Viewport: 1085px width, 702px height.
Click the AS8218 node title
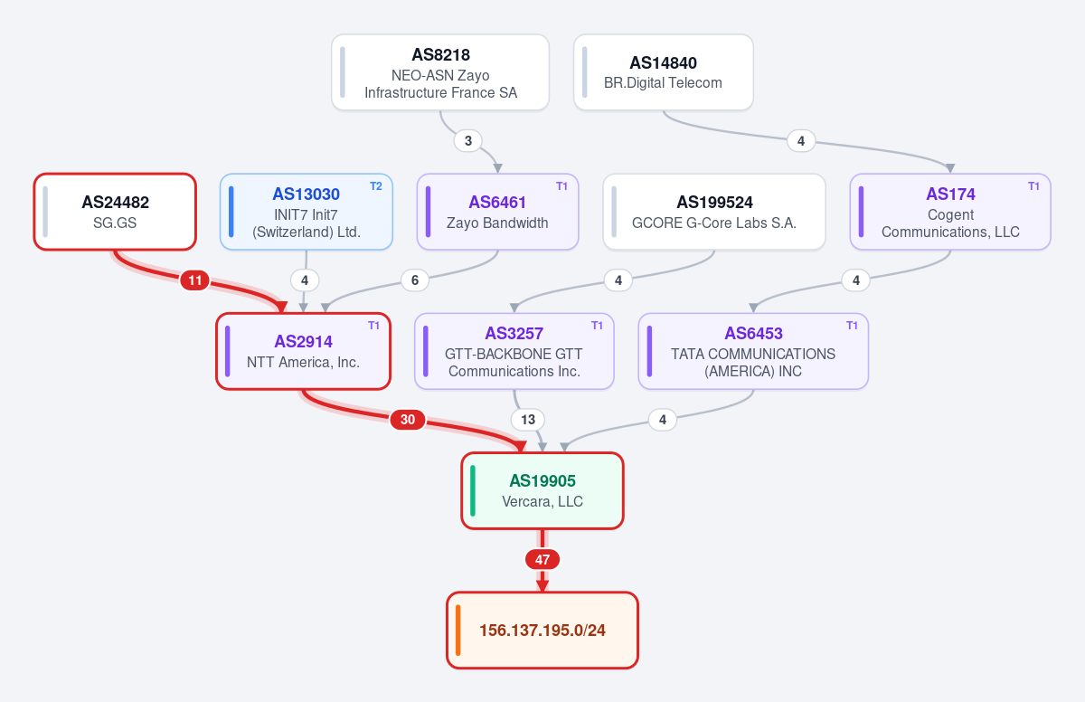click(440, 55)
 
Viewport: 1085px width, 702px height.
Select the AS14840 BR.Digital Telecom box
click(663, 72)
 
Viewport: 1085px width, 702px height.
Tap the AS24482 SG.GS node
click(115, 212)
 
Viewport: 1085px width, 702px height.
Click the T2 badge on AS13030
click(376, 186)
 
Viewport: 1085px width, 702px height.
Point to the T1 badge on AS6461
click(561, 186)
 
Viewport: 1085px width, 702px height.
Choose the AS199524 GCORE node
click(714, 212)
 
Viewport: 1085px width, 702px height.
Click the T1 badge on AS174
click(1033, 186)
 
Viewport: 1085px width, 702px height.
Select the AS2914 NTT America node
click(303, 351)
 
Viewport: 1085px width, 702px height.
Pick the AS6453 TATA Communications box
click(753, 351)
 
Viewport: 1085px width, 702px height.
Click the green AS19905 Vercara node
click(542, 491)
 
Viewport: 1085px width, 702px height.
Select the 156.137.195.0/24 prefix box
click(542, 631)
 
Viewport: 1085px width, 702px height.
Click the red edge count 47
click(542, 560)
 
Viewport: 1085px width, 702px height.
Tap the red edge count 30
click(408, 420)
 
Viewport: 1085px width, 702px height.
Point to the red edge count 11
click(194, 280)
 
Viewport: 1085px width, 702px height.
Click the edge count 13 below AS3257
click(527, 420)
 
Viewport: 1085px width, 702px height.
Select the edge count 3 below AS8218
click(468, 141)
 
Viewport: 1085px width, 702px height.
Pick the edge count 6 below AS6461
click(415, 280)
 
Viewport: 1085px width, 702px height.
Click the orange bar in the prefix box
click(458, 631)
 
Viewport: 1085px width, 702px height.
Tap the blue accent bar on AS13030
click(231, 212)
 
